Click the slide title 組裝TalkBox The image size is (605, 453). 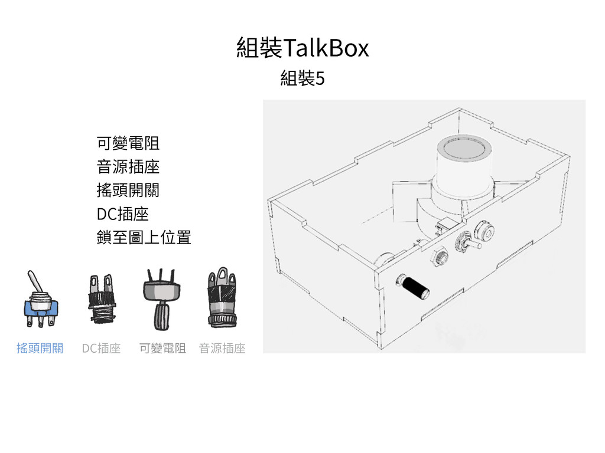(302, 48)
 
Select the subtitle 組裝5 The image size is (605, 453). (302, 78)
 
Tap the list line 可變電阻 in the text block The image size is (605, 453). (127, 143)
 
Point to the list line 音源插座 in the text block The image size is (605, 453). (127, 167)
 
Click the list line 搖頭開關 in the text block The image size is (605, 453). (127, 191)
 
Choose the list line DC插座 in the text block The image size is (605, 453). (122, 214)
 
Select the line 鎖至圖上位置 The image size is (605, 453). (143, 238)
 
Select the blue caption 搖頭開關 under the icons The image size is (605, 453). (40, 349)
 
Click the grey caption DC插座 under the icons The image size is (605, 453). (101, 349)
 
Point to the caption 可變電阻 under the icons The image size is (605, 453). (162, 349)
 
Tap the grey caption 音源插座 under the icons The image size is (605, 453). (222, 349)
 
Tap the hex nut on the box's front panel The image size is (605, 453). (440, 256)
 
